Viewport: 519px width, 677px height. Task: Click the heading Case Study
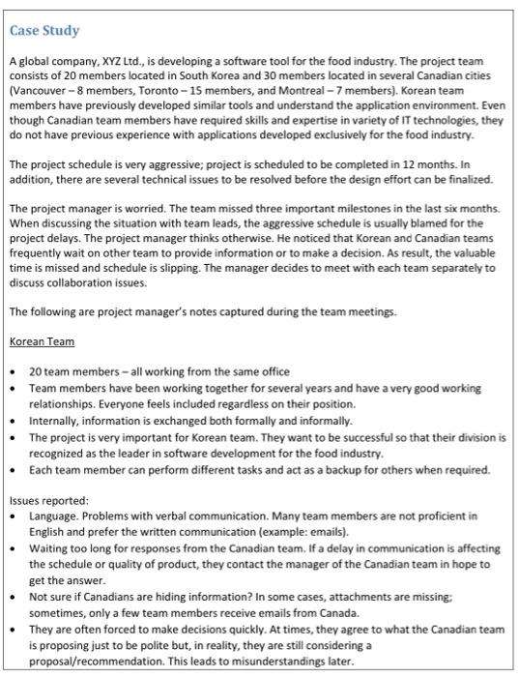[44, 31]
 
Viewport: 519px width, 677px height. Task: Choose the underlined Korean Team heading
[42, 342]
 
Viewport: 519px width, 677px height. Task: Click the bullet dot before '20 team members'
[14, 372]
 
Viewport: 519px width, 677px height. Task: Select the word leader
[138, 452]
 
